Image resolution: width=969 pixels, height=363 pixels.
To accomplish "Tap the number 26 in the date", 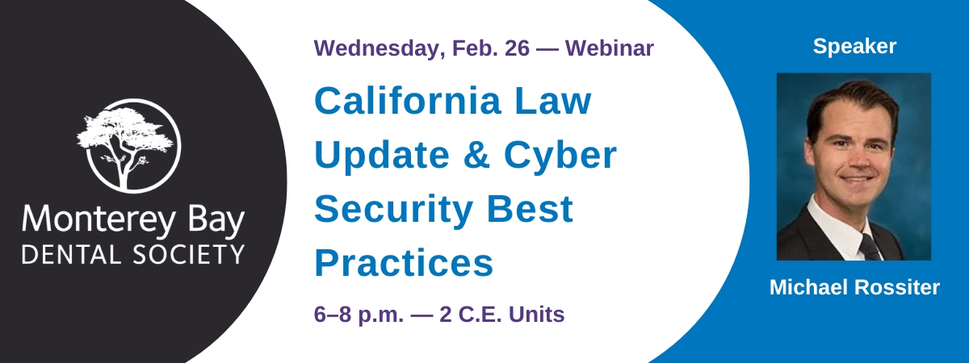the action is [517, 48].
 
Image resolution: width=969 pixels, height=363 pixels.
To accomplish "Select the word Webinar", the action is [610, 48].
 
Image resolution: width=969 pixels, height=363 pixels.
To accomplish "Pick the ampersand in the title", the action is [476, 155].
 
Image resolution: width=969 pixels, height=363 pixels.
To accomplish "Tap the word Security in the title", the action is [394, 210].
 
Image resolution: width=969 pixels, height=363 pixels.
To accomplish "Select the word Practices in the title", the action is [404, 263].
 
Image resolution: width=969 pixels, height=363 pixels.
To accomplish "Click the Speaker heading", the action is [854, 47].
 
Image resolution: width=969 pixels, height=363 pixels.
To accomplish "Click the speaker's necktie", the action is [870, 246].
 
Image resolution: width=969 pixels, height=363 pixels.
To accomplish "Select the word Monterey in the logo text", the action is [99, 220].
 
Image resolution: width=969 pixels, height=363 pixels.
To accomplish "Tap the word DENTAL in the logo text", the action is [71, 255].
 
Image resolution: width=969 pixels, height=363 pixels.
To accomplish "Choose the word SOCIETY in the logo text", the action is [189, 255].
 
